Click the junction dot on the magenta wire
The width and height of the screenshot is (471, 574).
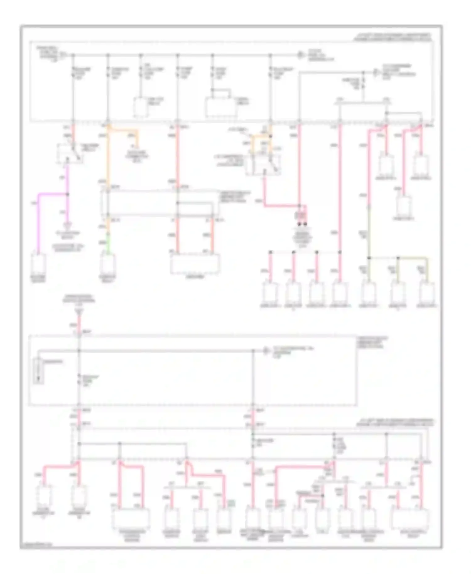(67, 194)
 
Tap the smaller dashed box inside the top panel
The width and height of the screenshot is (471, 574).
(140, 107)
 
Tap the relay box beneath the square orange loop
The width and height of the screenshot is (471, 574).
(263, 165)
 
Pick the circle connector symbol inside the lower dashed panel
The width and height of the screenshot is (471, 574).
(266, 351)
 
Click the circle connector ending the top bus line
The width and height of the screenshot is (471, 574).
(300, 55)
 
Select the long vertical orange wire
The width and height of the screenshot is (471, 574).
(108, 157)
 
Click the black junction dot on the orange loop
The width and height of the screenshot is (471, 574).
(270, 136)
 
